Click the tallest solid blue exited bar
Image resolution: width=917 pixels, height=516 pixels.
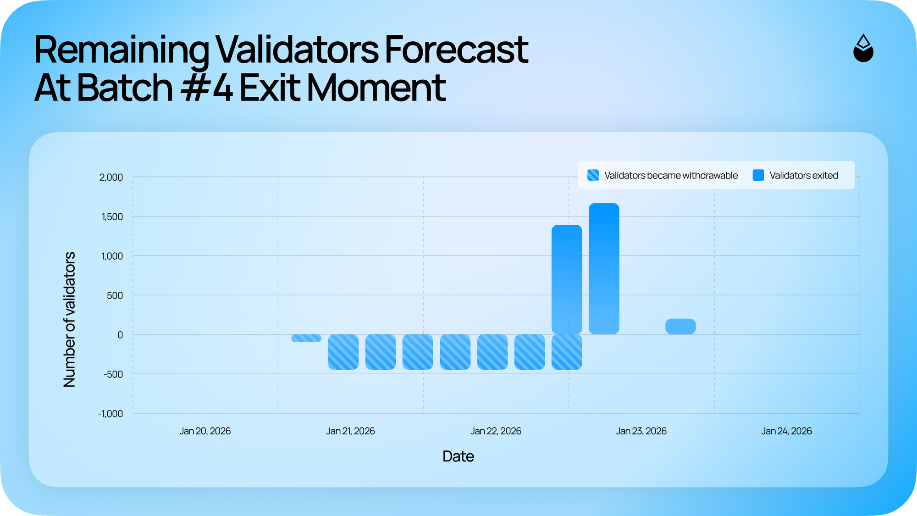tap(604, 269)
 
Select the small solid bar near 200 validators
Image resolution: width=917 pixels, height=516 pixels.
tap(680, 327)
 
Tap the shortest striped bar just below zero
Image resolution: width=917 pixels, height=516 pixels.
tap(306, 338)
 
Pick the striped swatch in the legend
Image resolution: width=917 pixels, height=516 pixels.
tap(593, 175)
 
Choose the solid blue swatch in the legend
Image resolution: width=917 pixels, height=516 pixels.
tap(758, 175)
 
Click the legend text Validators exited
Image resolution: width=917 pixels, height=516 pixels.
tap(804, 175)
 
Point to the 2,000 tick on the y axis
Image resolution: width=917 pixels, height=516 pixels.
tap(111, 177)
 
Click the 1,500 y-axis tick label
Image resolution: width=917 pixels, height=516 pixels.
tap(112, 216)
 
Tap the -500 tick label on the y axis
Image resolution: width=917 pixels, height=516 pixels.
tap(113, 374)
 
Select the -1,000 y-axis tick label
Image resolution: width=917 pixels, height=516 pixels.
tap(110, 414)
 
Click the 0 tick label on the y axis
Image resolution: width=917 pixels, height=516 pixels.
tap(120, 335)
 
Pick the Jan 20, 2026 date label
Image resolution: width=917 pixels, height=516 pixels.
tap(205, 431)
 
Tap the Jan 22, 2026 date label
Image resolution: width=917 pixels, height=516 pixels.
tap(496, 431)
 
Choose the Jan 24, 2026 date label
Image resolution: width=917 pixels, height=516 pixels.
tap(786, 431)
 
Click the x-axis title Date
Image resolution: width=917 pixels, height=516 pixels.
tap(458, 456)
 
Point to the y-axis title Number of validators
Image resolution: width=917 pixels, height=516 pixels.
tap(69, 319)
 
